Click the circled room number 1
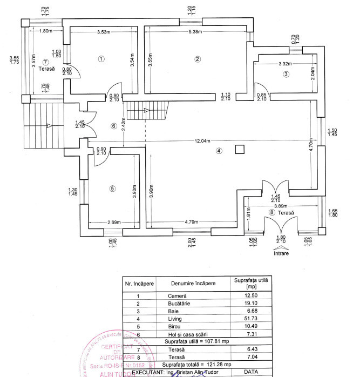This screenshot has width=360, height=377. (x=101, y=59)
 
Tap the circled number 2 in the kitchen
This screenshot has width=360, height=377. (x=198, y=59)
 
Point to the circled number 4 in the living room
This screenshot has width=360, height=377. (x=219, y=151)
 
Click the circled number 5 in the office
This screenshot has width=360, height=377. (x=112, y=188)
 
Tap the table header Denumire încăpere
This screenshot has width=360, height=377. (x=193, y=284)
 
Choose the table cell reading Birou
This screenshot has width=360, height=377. (x=176, y=327)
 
